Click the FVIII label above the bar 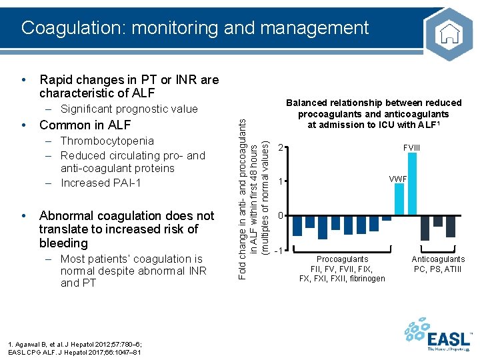[412, 147]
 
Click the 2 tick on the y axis [281, 147]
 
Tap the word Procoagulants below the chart [342, 259]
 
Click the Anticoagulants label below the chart [438, 259]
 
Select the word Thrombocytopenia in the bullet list [107, 141]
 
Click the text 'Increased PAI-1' [100, 183]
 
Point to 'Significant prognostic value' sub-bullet [129, 109]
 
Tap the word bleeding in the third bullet [63, 243]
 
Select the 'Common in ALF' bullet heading [85, 125]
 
